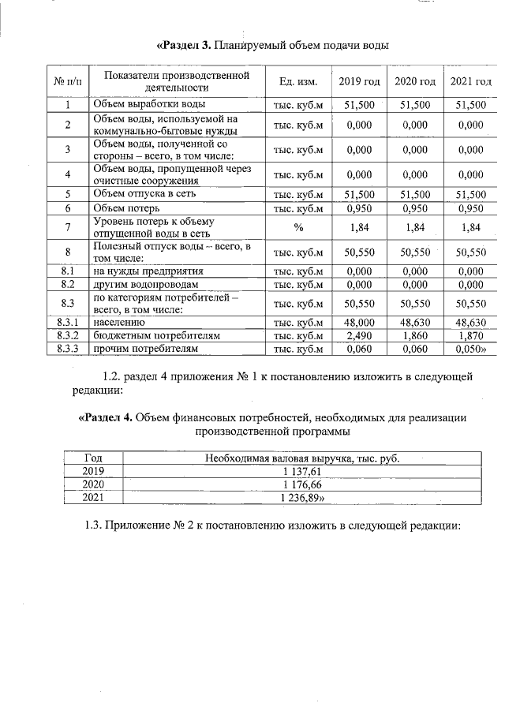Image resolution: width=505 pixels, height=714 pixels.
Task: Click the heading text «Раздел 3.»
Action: (x=185, y=45)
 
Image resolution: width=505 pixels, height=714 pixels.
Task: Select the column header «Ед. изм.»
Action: (x=298, y=82)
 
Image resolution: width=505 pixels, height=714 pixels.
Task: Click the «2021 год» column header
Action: (x=470, y=82)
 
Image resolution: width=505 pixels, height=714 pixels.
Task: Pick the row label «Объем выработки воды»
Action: (x=150, y=104)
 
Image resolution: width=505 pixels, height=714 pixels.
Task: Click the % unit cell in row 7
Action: (x=298, y=227)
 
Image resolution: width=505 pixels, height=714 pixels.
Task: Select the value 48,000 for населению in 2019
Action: (x=359, y=322)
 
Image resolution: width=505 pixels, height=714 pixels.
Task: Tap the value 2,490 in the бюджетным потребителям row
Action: (x=359, y=335)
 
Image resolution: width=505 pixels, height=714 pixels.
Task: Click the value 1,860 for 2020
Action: (x=415, y=335)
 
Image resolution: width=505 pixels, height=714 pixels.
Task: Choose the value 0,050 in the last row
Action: (x=471, y=348)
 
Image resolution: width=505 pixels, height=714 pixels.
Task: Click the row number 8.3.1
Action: (x=68, y=322)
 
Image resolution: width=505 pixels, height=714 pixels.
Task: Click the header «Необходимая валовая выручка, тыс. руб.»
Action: (x=302, y=458)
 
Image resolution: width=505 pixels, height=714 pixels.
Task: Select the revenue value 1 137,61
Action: (x=302, y=472)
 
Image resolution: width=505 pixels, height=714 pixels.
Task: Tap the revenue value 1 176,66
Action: (x=302, y=484)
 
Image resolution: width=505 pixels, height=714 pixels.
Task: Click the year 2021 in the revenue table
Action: (x=93, y=498)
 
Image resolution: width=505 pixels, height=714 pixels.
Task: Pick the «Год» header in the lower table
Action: (x=93, y=458)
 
